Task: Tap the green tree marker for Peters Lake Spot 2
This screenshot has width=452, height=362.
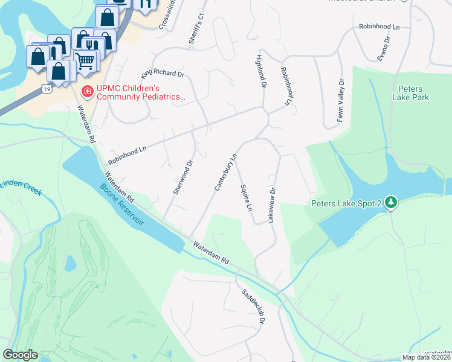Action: coord(392,203)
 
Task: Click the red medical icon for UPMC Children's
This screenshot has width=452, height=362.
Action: coord(87,91)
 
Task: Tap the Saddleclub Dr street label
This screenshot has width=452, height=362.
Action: coord(254,306)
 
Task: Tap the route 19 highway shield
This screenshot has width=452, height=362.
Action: coord(46,89)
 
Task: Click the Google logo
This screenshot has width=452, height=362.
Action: coord(20,355)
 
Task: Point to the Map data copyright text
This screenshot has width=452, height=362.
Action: coord(427,357)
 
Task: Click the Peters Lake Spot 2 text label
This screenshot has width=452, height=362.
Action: coord(346,204)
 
